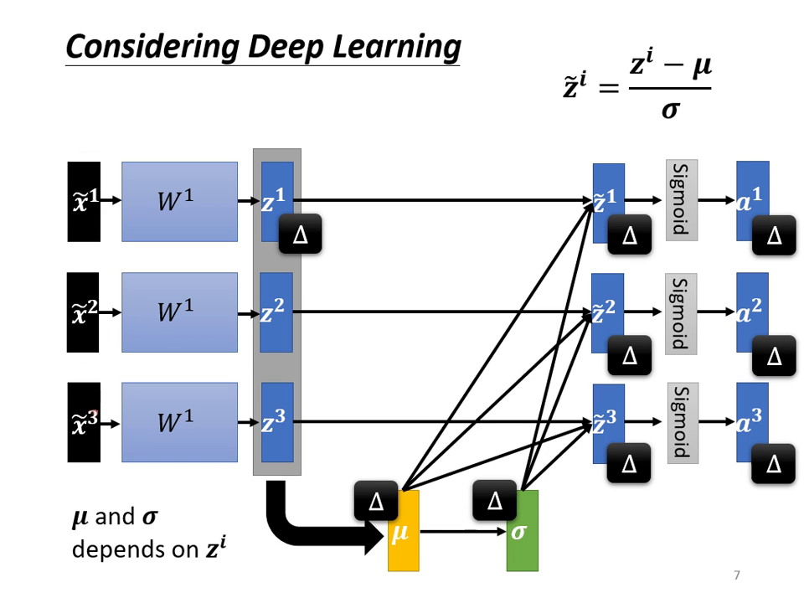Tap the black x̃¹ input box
point(84,201)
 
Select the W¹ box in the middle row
point(179,312)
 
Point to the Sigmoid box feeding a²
point(681,312)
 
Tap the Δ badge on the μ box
point(376,502)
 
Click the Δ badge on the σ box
point(495,501)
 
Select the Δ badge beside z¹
point(300,234)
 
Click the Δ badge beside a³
point(774,464)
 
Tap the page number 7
point(736,575)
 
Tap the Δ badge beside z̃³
point(630,462)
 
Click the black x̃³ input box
point(84,422)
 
